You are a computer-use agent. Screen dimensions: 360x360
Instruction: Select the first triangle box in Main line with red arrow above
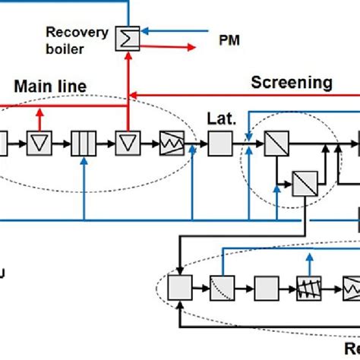pos(38,142)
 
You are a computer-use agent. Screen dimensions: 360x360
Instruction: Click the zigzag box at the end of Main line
pos(169,142)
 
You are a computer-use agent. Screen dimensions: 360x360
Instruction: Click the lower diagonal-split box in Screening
pos(305,182)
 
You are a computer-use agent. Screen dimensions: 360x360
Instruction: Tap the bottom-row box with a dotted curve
pos(223,289)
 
